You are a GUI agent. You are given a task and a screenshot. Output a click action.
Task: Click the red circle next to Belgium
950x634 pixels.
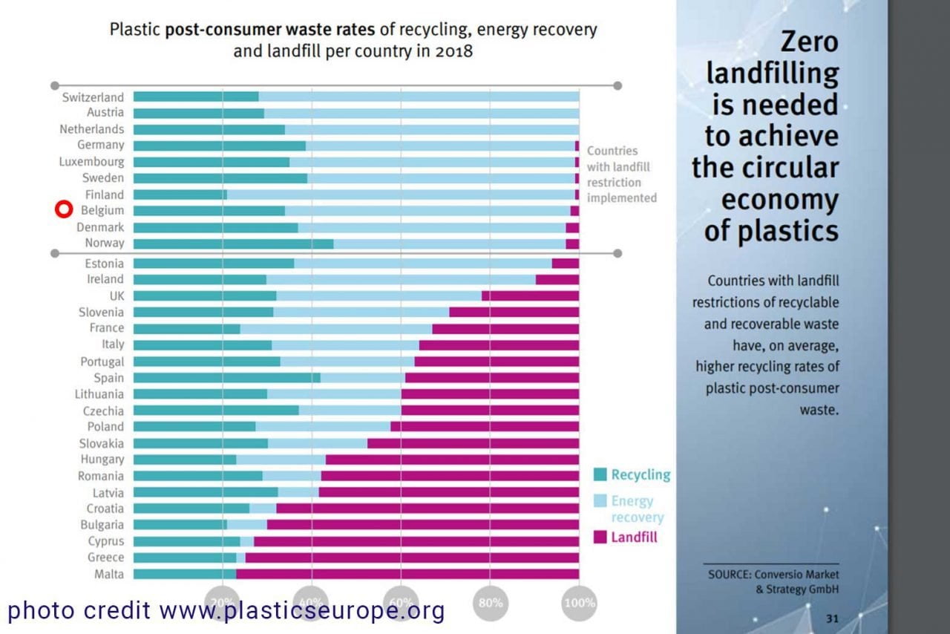tap(64, 210)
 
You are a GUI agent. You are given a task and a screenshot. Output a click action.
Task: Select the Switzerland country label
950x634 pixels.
tap(93, 97)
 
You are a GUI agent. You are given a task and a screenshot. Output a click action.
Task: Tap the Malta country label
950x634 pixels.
tap(109, 574)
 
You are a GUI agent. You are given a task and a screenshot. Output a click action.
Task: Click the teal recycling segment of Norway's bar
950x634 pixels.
tap(233, 244)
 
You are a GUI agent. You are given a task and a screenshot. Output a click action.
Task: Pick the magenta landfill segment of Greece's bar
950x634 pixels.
tap(412, 558)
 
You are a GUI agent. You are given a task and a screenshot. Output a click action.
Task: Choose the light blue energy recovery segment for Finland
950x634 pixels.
tap(401, 195)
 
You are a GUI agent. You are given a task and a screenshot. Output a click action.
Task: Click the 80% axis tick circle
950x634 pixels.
tap(491, 602)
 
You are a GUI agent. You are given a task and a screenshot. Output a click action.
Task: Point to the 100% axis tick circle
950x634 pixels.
tap(579, 602)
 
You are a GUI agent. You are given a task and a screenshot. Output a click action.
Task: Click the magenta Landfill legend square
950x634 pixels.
tap(600, 537)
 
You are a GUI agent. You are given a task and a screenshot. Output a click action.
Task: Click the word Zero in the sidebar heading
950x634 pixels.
tap(805, 42)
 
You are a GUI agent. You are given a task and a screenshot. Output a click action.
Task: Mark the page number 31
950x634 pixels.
tap(833, 618)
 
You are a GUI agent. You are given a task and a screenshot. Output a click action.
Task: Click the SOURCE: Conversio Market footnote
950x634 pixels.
tap(773, 575)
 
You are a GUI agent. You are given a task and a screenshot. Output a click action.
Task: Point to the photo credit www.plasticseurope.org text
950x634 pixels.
tap(226, 610)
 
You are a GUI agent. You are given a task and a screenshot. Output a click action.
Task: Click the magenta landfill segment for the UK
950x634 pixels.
tap(530, 295)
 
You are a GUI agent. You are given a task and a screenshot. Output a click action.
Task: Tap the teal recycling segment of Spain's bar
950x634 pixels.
tap(226, 378)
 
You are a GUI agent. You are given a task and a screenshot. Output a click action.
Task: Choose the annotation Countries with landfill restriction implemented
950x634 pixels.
tap(621, 174)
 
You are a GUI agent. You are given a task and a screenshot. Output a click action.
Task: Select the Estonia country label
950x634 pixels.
tap(104, 264)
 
